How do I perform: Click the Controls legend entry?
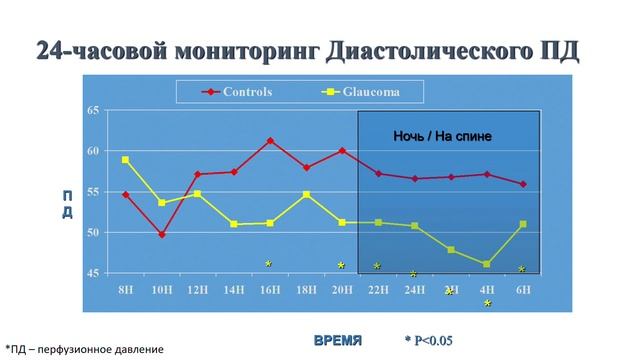(x=246, y=90)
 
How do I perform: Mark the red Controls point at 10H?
(x=162, y=235)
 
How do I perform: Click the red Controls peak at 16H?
(x=270, y=141)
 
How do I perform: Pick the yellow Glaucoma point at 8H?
(x=125, y=160)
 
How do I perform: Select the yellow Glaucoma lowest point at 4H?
(x=486, y=264)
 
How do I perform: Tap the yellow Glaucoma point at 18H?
(x=306, y=194)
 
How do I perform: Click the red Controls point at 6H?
(x=522, y=184)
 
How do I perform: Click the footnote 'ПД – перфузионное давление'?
(x=84, y=349)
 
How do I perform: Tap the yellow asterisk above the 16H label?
(x=268, y=264)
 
